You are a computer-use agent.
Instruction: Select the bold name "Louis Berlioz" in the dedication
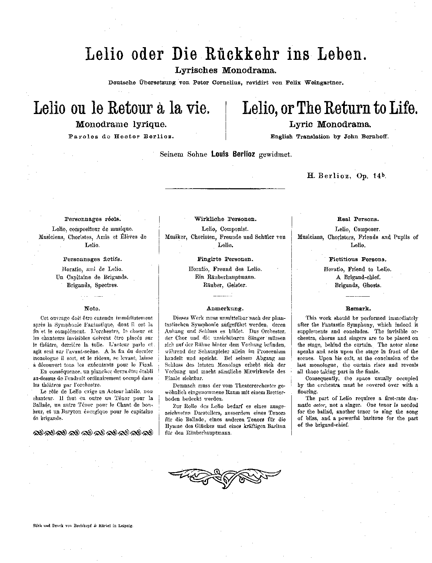tap(233, 154)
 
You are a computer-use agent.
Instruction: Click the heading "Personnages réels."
tap(92, 219)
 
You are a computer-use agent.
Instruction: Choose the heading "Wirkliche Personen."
tap(225, 219)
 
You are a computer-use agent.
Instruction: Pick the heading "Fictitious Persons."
tap(357, 259)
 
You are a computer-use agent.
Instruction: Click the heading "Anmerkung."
tap(225, 309)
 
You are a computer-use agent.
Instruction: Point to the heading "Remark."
tap(357, 309)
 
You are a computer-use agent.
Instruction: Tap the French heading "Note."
tap(92, 309)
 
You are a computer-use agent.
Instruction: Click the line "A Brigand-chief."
tap(357, 277)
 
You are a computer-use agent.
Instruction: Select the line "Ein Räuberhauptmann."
tap(225, 277)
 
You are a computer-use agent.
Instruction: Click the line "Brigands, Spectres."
tap(92, 285)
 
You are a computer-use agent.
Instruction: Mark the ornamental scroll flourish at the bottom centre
tap(225, 475)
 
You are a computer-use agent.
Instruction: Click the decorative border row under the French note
tap(92, 432)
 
